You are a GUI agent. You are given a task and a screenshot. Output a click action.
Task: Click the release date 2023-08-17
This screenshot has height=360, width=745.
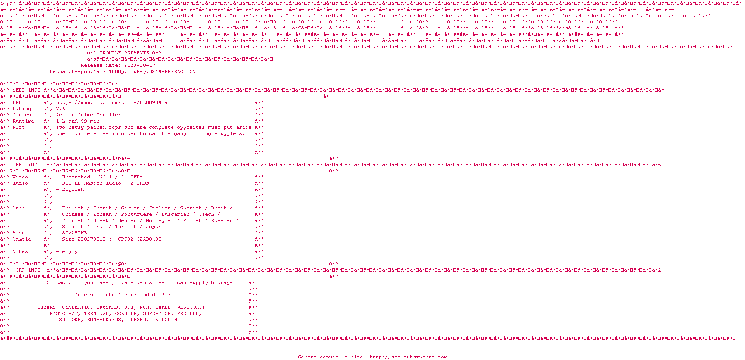point(140,65)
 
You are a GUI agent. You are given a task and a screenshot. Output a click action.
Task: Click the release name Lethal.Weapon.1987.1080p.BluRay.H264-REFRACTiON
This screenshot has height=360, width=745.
point(123,71)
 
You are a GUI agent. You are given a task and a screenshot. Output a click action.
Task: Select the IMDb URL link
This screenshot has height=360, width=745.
point(112,102)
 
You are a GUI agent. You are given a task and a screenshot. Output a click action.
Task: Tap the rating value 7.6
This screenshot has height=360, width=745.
point(61,109)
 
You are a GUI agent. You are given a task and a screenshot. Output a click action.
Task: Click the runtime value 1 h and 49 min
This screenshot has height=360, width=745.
point(78,121)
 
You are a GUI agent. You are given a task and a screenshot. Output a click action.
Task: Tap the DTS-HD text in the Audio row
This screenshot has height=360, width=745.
point(71,183)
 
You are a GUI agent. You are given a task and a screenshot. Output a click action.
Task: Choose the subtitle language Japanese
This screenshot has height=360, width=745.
point(158,227)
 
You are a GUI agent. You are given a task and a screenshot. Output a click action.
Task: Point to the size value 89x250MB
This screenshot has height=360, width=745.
point(74,233)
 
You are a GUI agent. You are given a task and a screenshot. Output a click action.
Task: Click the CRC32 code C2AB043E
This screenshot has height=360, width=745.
point(149,239)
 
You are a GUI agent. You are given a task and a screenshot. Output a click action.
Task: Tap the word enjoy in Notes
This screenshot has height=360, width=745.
point(70,251)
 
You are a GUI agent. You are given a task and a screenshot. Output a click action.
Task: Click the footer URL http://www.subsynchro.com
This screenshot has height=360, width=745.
point(408,357)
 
